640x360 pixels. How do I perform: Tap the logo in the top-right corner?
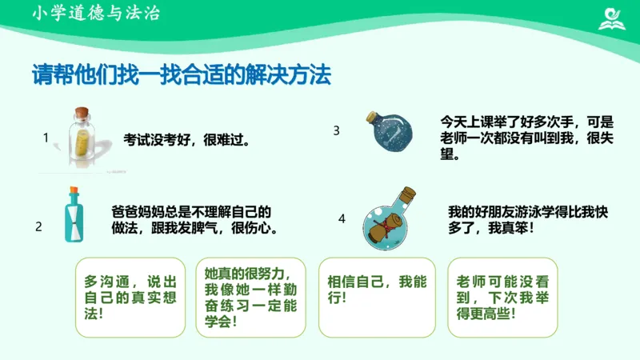pyautogui.click(x=612, y=17)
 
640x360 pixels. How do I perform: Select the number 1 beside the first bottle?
pyautogui.click(x=46, y=138)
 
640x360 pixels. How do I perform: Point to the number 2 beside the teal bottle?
pyautogui.click(x=38, y=226)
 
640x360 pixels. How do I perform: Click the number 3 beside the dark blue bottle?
pyautogui.click(x=337, y=130)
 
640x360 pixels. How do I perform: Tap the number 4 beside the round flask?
pyautogui.click(x=342, y=218)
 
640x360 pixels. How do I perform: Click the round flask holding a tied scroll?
pyautogui.click(x=390, y=220)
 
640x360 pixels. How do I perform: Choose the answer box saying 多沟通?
pyautogui.click(x=126, y=297)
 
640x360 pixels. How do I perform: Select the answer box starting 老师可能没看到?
pyautogui.click(x=502, y=297)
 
